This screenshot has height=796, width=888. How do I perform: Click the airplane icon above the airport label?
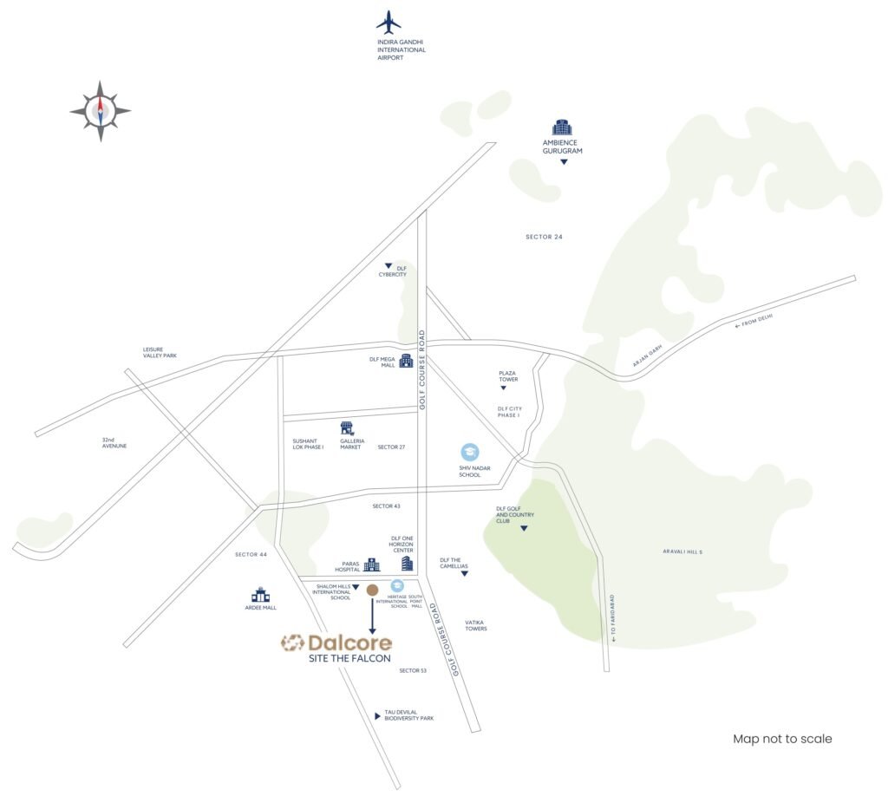tap(388, 23)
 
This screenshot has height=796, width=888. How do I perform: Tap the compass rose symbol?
tap(101, 110)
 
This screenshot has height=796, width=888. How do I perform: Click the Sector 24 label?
tap(545, 237)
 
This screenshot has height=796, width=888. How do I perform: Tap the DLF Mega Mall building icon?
tap(406, 360)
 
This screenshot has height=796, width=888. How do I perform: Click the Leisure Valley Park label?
tap(160, 352)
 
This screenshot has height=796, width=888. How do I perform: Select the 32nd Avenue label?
tap(114, 443)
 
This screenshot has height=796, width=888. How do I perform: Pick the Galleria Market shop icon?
tap(348, 428)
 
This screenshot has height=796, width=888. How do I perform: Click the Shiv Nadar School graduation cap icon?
tap(469, 453)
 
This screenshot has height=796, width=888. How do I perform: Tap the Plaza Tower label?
tap(507, 376)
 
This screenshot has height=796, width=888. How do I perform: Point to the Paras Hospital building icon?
tap(371, 565)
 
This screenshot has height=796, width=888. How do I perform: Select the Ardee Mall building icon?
tap(260, 595)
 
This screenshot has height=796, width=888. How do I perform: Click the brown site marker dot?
tap(372, 590)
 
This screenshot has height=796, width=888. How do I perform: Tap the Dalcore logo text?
tap(336, 643)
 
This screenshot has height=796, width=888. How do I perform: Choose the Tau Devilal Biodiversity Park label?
tap(408, 715)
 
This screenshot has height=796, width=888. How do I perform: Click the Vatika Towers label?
tap(476, 625)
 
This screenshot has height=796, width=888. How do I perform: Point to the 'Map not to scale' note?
tap(782, 739)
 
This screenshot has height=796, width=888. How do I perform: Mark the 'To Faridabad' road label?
tap(612, 617)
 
